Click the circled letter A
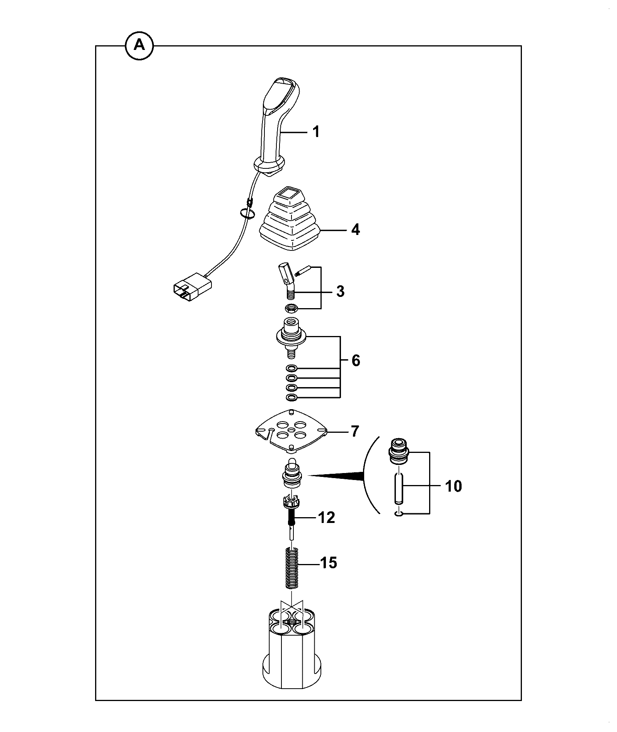point(139,46)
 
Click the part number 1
point(316,132)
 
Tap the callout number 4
point(355,230)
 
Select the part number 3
point(340,291)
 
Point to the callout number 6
point(356,360)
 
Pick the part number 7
point(355,431)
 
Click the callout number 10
point(453,486)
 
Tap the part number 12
point(326,517)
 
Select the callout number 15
point(329,562)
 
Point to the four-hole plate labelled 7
point(292,430)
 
